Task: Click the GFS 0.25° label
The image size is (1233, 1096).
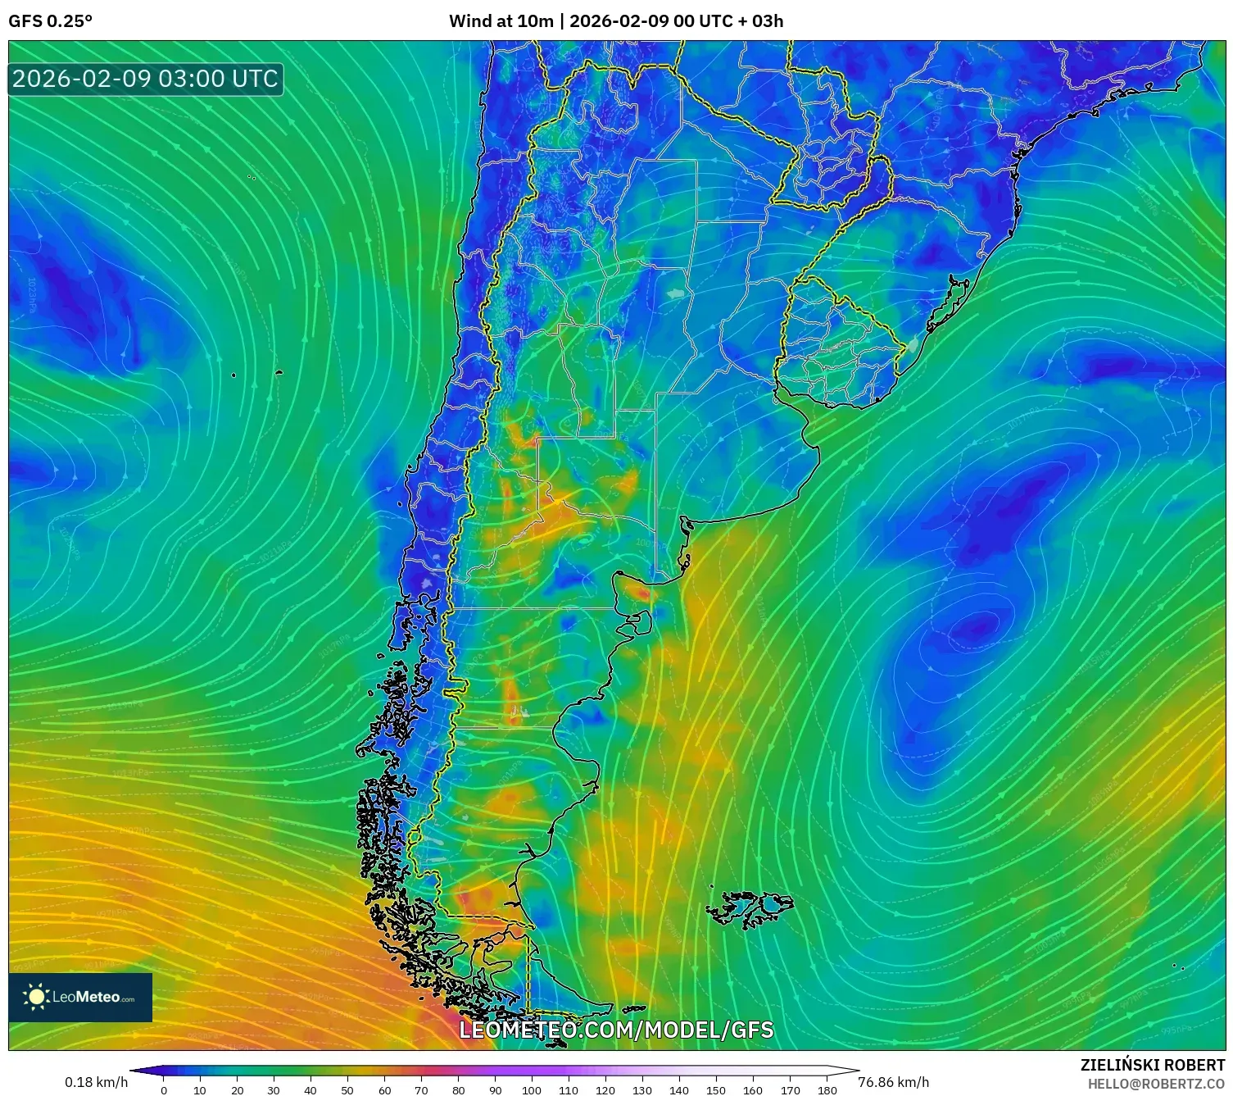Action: click(50, 21)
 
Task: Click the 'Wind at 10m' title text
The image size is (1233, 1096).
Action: click(501, 21)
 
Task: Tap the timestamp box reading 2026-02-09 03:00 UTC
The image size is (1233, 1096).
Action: click(146, 79)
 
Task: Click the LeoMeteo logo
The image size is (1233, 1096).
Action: click(80, 997)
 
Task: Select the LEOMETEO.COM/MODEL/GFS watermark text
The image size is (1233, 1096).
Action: click(616, 1030)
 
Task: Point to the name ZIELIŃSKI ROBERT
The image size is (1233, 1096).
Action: click(1152, 1065)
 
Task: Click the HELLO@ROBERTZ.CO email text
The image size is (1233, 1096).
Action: click(1156, 1084)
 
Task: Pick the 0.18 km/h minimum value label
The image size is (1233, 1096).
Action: click(96, 1082)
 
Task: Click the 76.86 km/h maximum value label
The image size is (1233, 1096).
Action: click(893, 1082)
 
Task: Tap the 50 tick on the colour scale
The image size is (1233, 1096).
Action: click(347, 1089)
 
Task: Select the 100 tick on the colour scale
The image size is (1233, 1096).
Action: click(532, 1089)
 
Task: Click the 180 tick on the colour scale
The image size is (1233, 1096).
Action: click(827, 1089)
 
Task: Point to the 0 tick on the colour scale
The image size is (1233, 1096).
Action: click(164, 1089)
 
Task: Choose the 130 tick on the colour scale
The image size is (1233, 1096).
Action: click(642, 1089)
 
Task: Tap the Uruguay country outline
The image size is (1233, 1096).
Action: click(836, 344)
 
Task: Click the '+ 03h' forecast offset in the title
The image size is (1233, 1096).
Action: click(761, 21)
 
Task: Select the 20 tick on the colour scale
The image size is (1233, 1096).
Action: click(237, 1089)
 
